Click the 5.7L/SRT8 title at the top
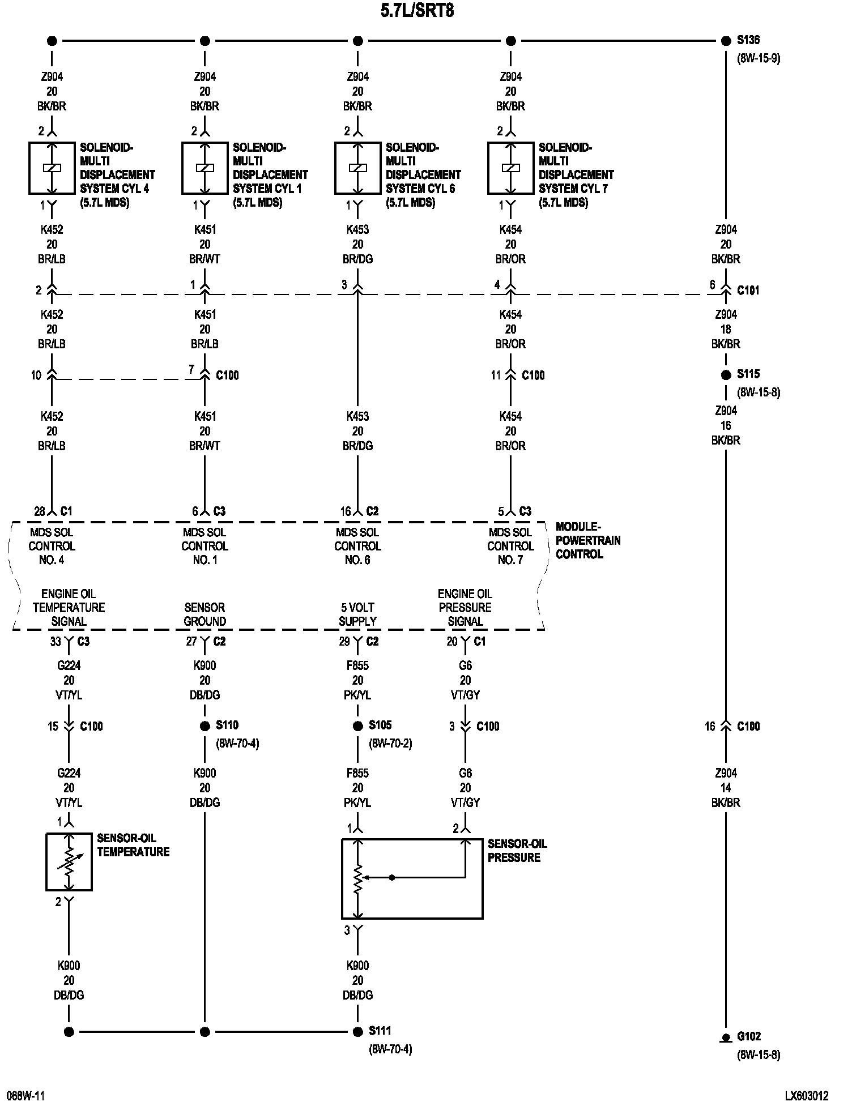coord(417,11)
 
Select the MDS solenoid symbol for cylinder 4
coord(52,168)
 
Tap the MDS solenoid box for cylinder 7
coord(510,168)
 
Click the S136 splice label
coord(748,40)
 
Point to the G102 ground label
coord(748,1036)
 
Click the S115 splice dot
coord(726,375)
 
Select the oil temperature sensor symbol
coord(69,861)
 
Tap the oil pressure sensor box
coord(412,878)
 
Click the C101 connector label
coord(748,290)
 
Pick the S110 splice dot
coord(205,726)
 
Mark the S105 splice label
coord(380,725)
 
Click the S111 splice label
coord(380,1031)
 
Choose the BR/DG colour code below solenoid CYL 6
coord(357,259)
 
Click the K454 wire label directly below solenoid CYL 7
coord(510,230)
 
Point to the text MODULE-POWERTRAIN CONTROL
coord(587,540)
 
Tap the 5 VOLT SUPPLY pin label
coord(357,614)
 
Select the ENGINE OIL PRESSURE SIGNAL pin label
coord(465,608)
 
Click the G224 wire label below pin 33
coord(69,665)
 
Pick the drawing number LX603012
coord(807,1096)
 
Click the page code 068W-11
coord(25,1096)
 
